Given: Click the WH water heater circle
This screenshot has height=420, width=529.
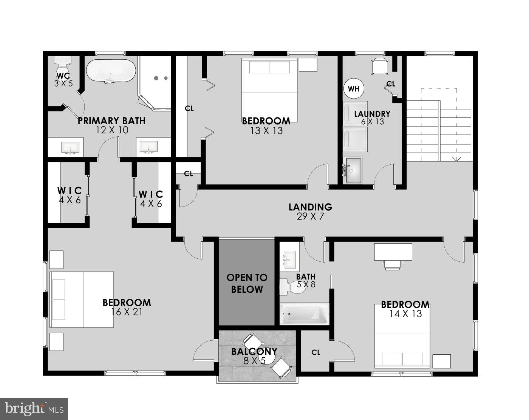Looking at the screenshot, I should pos(353,89).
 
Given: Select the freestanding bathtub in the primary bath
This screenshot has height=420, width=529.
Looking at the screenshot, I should pos(110,71).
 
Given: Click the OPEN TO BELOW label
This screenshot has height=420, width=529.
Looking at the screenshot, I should pos(247,284).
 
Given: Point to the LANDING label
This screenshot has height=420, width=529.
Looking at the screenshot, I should pos(310,207).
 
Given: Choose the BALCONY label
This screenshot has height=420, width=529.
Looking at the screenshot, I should pos(254,351).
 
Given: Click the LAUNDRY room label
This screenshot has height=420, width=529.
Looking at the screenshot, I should pos(372,114).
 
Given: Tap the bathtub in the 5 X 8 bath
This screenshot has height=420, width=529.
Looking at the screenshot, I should pos(304,314).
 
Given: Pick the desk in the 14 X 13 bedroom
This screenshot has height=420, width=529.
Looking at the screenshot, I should pos(393,252).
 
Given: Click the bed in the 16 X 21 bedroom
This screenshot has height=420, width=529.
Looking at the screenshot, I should pos(82,300).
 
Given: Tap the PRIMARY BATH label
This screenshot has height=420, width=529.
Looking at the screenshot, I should pos(111,121).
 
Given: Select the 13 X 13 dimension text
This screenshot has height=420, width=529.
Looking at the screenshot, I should pos(266,131).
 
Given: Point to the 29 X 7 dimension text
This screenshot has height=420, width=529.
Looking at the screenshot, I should pos(310,217).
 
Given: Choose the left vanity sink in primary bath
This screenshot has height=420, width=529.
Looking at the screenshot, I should pos(70,147).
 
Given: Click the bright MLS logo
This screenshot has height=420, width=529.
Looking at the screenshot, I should pos(34,409).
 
